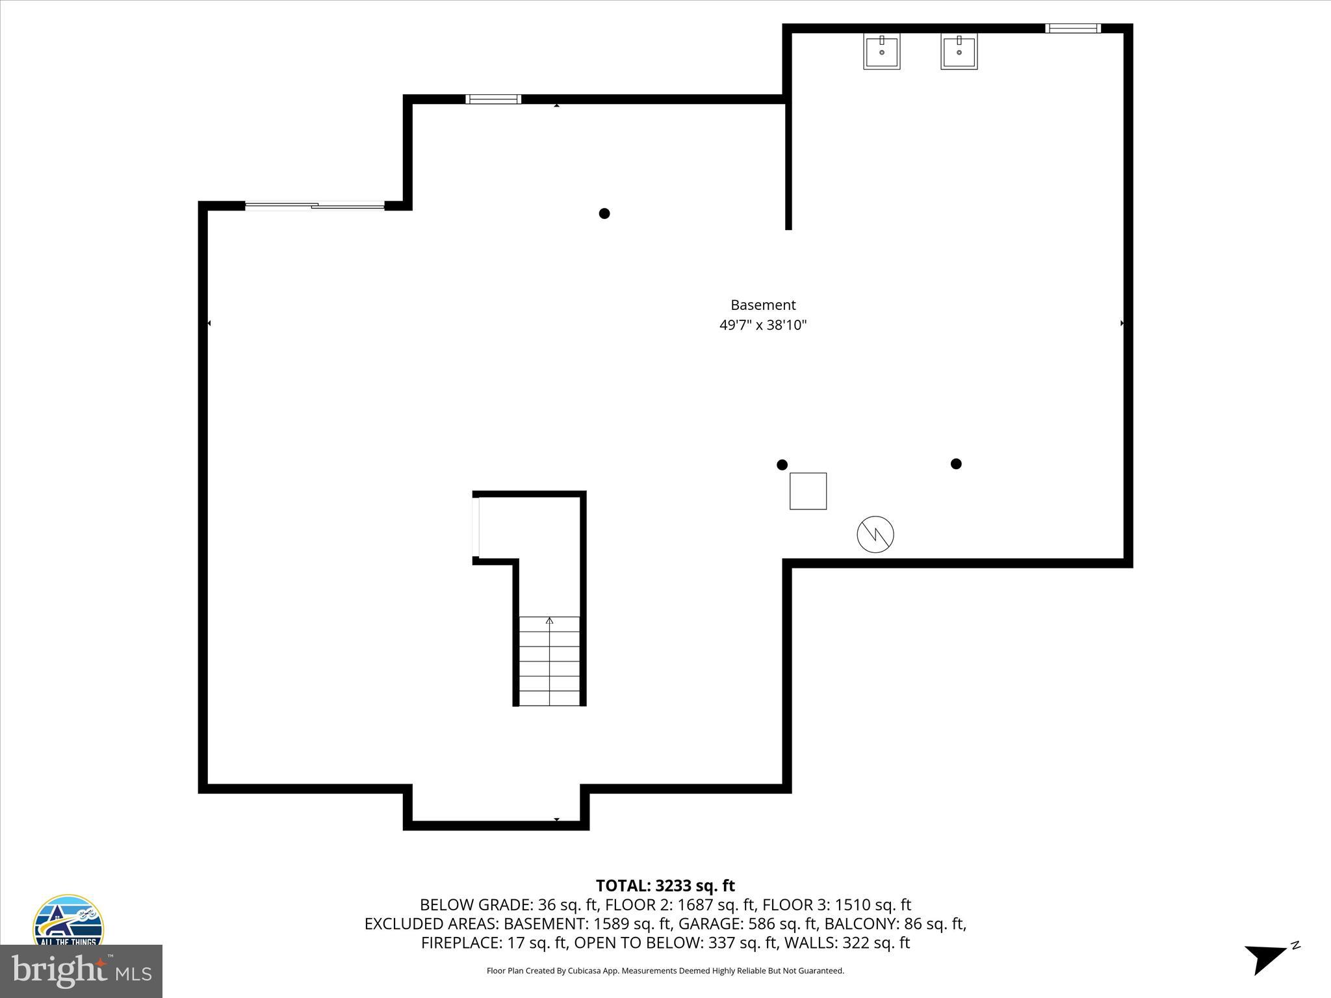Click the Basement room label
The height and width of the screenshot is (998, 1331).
coord(762,305)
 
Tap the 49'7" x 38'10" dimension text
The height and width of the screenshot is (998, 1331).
coord(762,325)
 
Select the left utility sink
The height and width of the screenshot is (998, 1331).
coord(881,51)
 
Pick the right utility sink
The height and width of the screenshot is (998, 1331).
coord(959,51)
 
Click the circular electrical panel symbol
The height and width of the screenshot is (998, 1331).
coord(875,535)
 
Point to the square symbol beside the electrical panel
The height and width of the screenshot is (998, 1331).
coord(808,491)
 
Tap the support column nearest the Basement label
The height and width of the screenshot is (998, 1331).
coord(604,213)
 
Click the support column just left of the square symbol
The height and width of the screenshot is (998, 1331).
coord(782,465)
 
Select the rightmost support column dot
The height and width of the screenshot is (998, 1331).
coord(955,463)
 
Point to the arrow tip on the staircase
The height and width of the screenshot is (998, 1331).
coord(549,621)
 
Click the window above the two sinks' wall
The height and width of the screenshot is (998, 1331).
coord(1072,28)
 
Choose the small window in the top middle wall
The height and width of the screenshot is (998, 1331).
coord(493,99)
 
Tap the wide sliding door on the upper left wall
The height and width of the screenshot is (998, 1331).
coord(315,206)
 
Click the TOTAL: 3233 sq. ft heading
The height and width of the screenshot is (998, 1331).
coord(665,886)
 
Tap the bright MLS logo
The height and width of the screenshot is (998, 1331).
coord(81,971)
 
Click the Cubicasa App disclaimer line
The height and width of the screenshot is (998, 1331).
coord(665,971)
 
